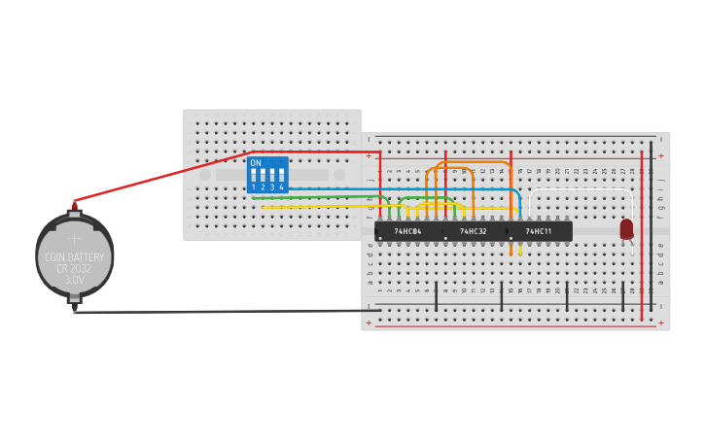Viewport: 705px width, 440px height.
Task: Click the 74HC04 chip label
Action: pyautogui.click(x=406, y=231)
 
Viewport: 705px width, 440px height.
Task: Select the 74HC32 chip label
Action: pyautogui.click(x=473, y=231)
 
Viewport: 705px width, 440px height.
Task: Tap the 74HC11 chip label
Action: pyautogui.click(x=538, y=231)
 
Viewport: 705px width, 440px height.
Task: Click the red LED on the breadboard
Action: pyautogui.click(x=626, y=229)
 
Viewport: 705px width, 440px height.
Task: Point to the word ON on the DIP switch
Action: pyautogui.click(x=256, y=163)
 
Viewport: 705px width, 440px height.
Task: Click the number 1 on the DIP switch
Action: pyautogui.click(x=254, y=186)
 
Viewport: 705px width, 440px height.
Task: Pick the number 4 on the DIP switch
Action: pyautogui.click(x=281, y=186)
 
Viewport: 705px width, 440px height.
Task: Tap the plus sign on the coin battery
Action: pyautogui.click(x=75, y=238)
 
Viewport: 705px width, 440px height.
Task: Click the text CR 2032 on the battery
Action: pyautogui.click(x=75, y=268)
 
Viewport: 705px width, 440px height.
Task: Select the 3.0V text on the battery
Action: pyautogui.click(x=75, y=280)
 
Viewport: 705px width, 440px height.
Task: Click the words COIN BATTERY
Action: pyautogui.click(x=75, y=257)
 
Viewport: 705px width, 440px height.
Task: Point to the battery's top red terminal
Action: pyautogui.click(x=74, y=206)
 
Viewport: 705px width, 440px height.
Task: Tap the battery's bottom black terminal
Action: pyautogui.click(x=74, y=310)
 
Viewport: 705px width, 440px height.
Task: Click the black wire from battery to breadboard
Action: pyautogui.click(x=224, y=312)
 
